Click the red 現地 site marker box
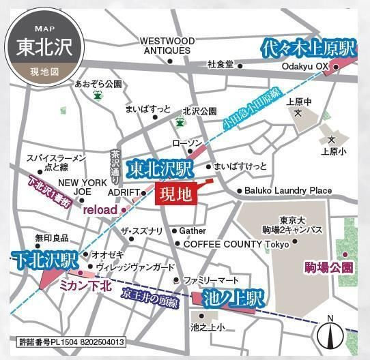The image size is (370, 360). point(176,194)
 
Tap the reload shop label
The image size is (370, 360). point(100,210)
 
